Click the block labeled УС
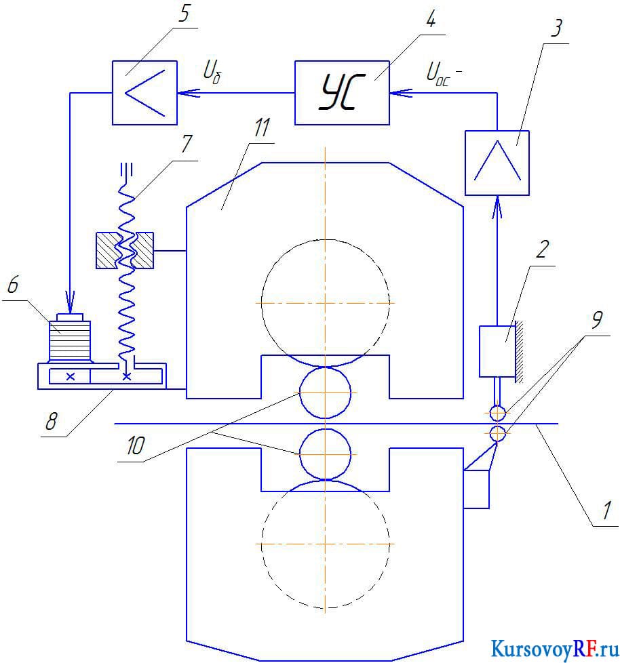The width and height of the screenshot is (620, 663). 342,93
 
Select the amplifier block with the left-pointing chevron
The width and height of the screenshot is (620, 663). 144,93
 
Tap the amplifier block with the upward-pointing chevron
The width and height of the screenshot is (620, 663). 497,163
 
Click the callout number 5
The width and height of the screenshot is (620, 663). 184,14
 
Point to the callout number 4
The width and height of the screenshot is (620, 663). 431,20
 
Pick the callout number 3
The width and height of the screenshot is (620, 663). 556,28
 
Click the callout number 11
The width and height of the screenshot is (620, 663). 262,127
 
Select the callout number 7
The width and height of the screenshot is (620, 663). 187,144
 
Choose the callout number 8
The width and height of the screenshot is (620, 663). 51,421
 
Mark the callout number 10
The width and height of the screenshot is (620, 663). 136,445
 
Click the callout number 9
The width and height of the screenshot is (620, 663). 597,320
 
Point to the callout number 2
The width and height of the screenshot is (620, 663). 542,250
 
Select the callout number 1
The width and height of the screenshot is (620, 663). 607,510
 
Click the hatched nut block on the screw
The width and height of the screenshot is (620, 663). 125,250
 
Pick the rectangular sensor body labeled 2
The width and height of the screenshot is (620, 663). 497,351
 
